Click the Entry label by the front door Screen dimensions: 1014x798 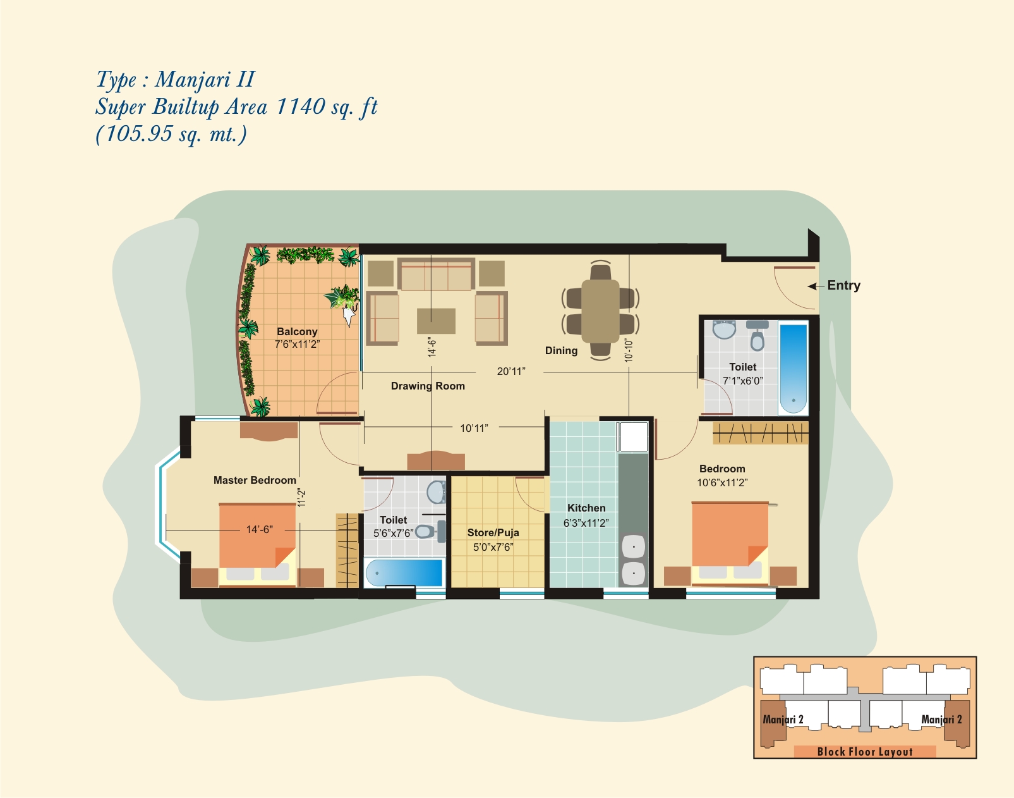tap(843, 285)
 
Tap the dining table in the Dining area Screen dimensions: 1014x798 tap(600, 311)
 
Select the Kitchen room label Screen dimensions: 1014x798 tap(586, 508)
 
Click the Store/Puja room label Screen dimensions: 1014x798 tap(493, 532)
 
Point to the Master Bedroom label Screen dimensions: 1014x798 tap(255, 480)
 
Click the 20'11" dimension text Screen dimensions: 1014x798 tap(510, 371)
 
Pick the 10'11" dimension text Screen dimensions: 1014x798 tap(474, 428)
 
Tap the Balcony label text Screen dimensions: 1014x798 tap(297, 331)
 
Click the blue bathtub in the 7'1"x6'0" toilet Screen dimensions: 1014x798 tap(794, 368)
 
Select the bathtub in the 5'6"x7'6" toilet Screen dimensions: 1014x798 tap(404, 572)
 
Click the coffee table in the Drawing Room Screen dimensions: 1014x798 tap(436, 321)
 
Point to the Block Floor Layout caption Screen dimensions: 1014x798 tap(865, 752)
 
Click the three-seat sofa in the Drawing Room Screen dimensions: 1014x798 tap(437, 274)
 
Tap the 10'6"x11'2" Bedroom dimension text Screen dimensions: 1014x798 tap(722, 482)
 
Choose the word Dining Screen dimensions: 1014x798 tap(561, 350)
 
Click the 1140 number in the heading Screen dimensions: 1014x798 tap(299, 106)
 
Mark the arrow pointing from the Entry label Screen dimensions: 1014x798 tap(816, 286)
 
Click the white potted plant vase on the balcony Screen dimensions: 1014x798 tap(349, 315)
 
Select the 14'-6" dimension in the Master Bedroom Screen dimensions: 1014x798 tap(259, 530)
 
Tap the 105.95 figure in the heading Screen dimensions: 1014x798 tap(139, 134)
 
